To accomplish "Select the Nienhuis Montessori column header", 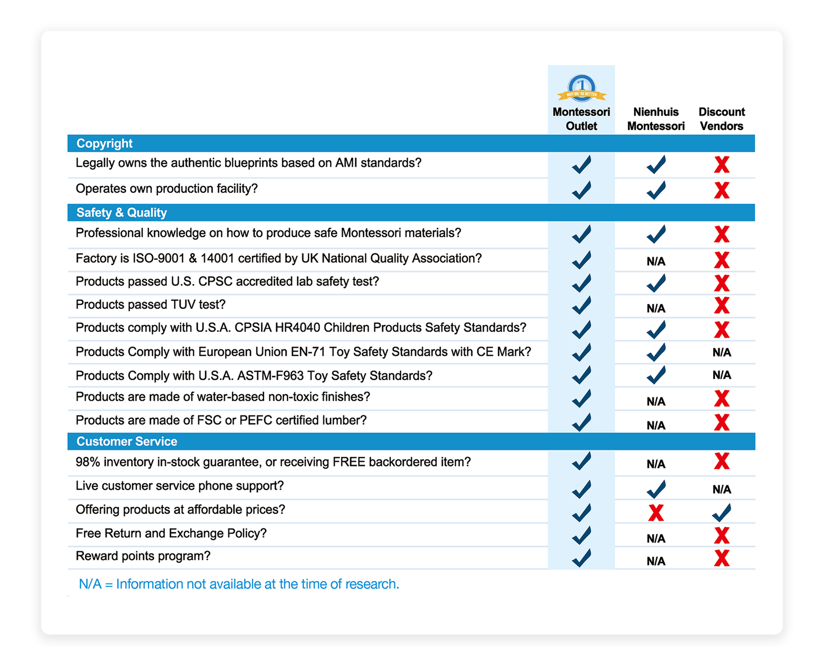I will pos(655,119).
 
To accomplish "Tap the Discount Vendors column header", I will pos(721,119).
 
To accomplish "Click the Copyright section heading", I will pos(104,143).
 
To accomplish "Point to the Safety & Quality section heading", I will pos(122,213).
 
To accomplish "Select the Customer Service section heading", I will pos(126,442).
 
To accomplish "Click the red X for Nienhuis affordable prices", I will pos(655,513).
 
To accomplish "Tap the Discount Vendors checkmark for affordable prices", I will pos(721,512).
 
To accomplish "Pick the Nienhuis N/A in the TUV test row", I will pos(655,308).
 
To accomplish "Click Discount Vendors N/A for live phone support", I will pos(721,489).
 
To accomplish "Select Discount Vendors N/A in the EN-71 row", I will pos(721,353).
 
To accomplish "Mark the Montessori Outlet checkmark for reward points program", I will pos(581,558).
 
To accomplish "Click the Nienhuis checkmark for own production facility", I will pos(655,190).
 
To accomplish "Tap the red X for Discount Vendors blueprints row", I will pos(721,165).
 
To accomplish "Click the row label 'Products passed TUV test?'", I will pos(150,305).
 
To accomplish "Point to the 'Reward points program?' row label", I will pos(143,556).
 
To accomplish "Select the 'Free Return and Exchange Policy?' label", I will pos(171,534).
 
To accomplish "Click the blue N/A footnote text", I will pos(239,584).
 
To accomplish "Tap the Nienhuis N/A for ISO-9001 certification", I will pos(655,261).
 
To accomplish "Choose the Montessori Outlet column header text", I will pos(581,119).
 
